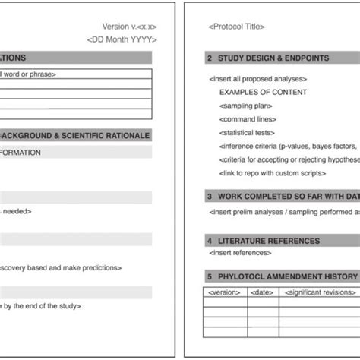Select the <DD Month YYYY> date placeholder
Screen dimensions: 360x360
(x=122, y=39)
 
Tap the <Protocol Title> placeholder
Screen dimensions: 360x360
(x=236, y=27)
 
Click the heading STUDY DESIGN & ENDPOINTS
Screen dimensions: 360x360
(x=273, y=58)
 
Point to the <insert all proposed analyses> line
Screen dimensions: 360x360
(x=257, y=78)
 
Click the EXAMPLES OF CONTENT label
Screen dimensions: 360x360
(x=264, y=92)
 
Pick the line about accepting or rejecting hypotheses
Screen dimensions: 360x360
(x=289, y=159)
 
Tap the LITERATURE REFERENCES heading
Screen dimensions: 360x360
(x=269, y=241)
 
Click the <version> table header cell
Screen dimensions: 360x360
(x=224, y=292)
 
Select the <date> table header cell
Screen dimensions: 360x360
(x=262, y=292)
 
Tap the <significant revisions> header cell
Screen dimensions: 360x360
(x=319, y=292)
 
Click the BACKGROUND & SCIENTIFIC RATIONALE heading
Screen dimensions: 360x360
(x=74, y=136)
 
